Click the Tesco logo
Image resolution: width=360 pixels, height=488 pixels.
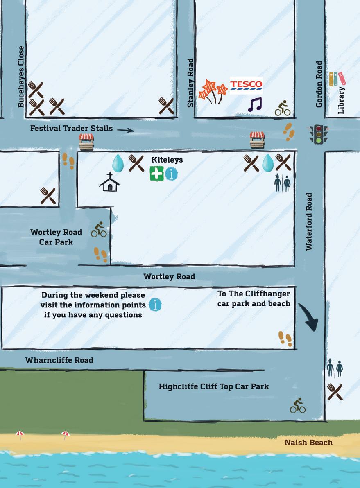(x=246, y=85)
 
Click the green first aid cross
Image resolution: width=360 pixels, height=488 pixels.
(x=156, y=174)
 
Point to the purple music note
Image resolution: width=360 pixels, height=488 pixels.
(x=254, y=104)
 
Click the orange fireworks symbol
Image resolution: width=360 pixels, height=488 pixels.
(x=213, y=91)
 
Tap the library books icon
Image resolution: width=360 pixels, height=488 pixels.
(x=337, y=79)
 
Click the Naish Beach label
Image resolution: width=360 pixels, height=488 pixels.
(x=308, y=443)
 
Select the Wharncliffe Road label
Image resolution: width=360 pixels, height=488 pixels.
(x=59, y=360)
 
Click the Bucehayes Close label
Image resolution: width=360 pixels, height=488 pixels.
(x=21, y=77)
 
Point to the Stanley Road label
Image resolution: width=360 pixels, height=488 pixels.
(x=190, y=83)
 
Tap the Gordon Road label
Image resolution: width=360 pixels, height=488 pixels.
(x=319, y=85)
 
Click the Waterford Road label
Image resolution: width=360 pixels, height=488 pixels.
(x=309, y=221)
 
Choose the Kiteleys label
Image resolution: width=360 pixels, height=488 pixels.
(x=167, y=160)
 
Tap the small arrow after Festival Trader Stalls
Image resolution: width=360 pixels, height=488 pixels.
(x=125, y=130)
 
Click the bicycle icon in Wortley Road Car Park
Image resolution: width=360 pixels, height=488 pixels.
(x=99, y=230)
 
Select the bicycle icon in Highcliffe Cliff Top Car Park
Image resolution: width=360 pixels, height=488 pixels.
(x=298, y=405)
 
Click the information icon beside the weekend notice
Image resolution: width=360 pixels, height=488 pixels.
(x=155, y=305)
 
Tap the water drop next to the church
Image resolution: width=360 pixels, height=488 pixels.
(x=118, y=163)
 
